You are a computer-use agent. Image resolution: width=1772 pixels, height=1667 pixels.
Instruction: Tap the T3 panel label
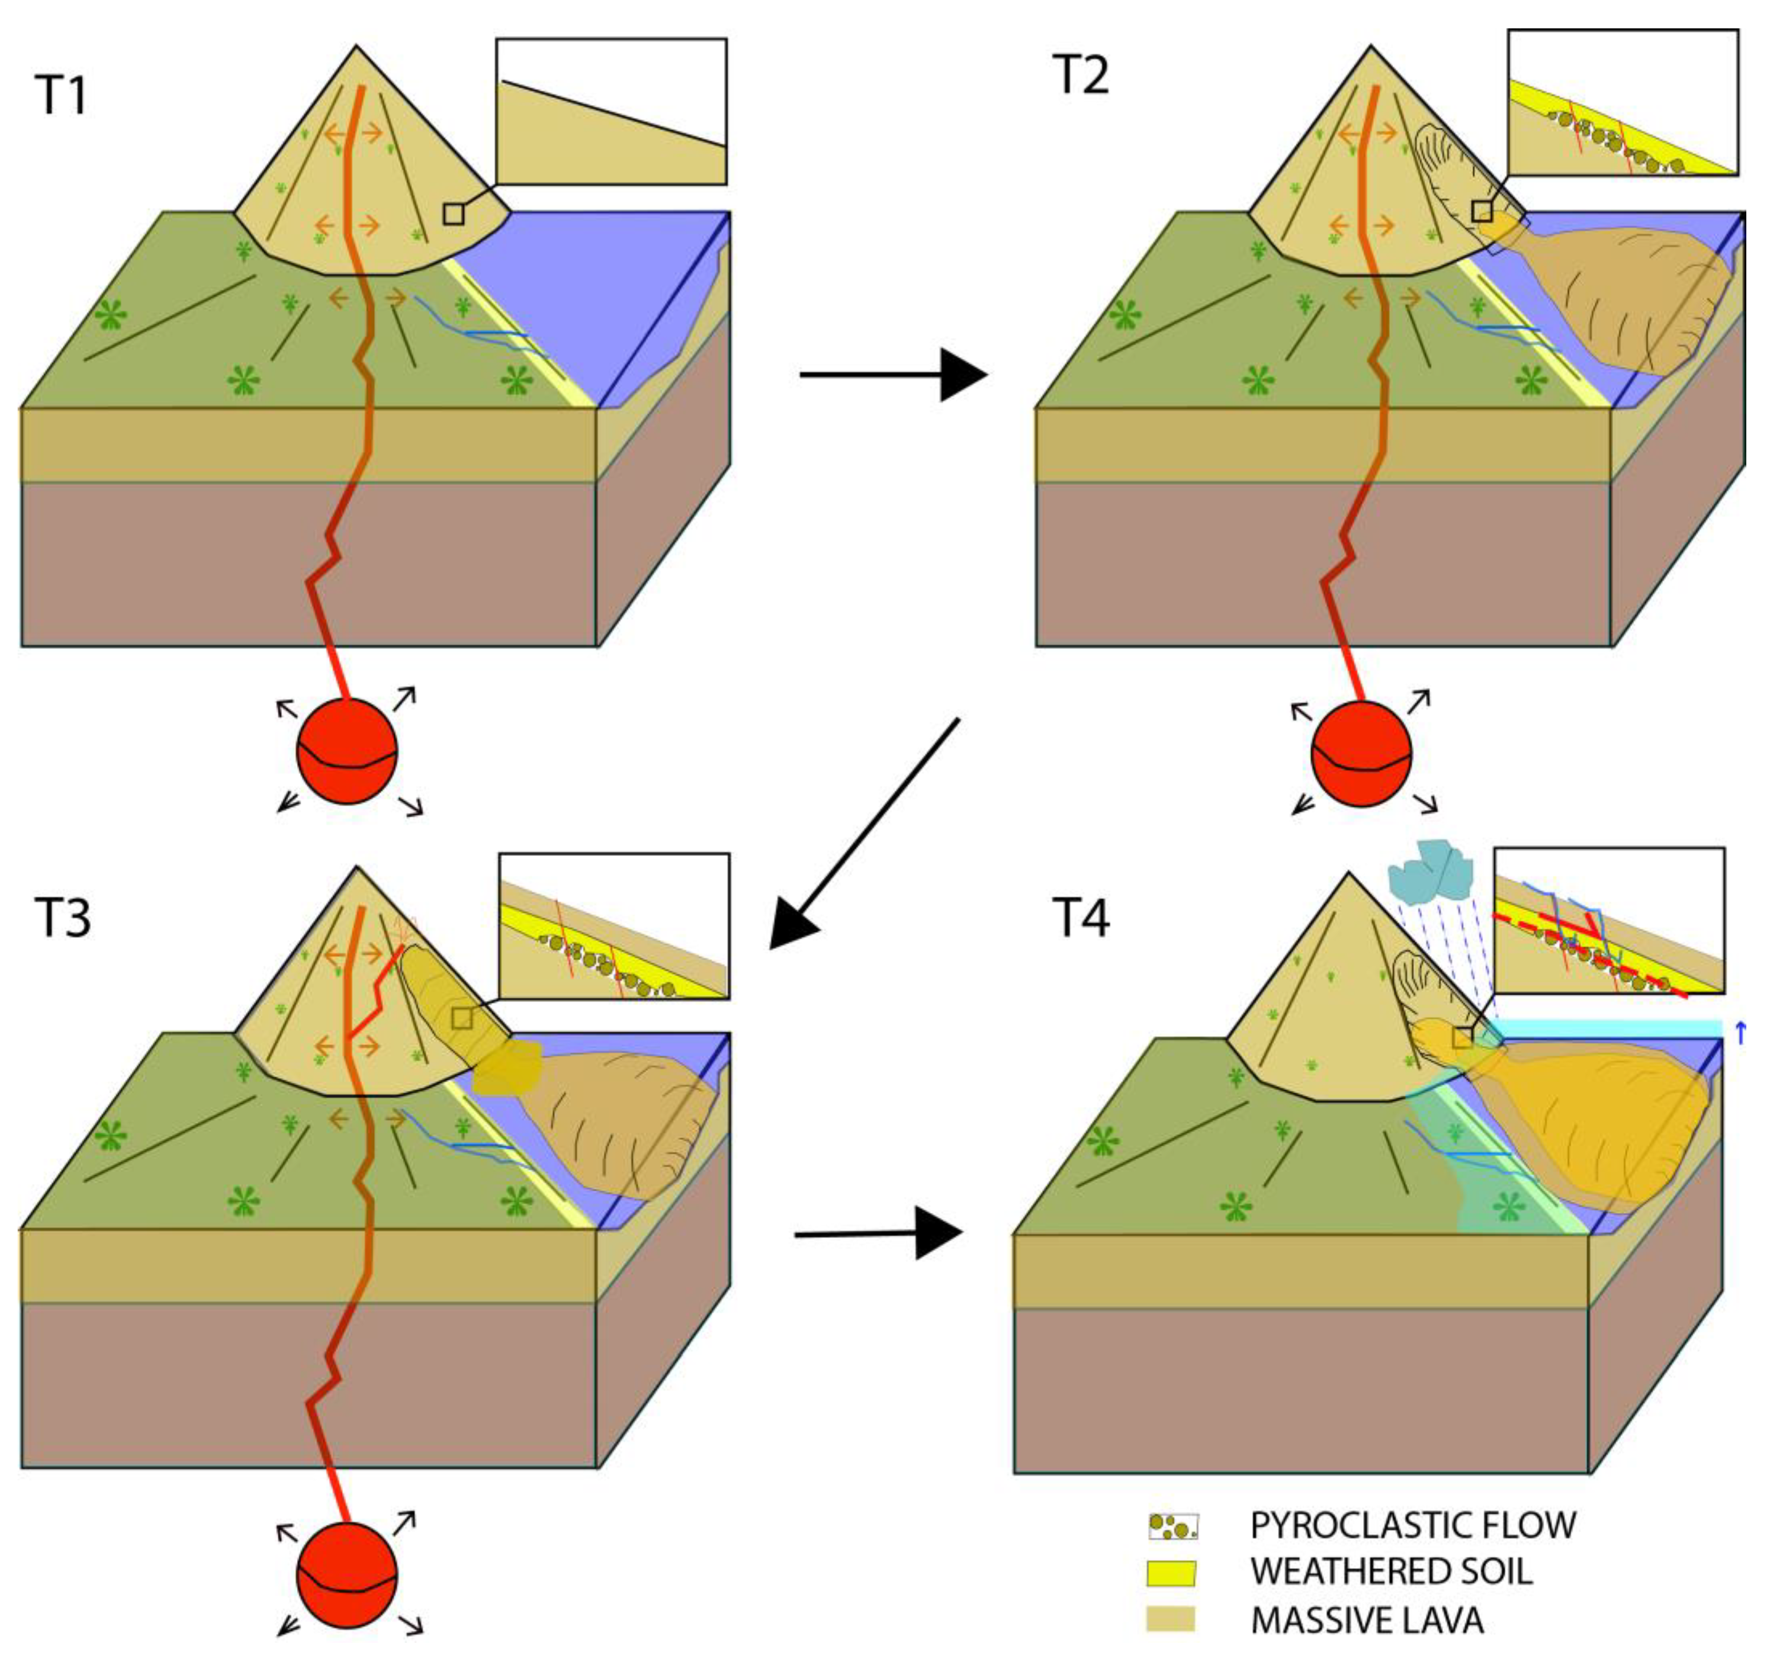click(x=63, y=917)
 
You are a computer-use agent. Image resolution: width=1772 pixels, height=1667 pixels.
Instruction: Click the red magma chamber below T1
click(x=347, y=752)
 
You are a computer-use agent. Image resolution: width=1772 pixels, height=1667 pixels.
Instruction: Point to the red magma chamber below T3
click(x=347, y=1573)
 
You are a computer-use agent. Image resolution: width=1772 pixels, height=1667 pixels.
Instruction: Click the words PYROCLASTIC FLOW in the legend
click(x=1413, y=1525)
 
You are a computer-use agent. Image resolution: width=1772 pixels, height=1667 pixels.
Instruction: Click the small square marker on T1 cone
click(x=454, y=214)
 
